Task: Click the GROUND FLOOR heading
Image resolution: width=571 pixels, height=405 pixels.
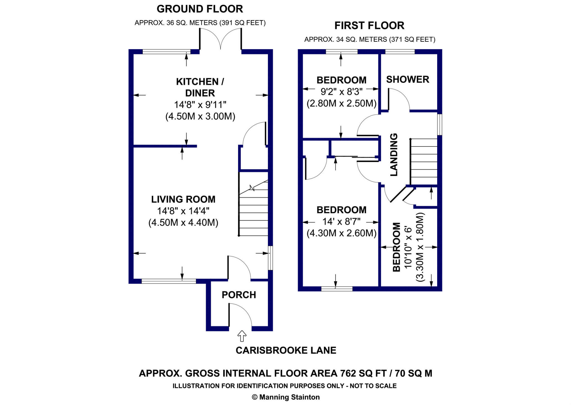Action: (200, 9)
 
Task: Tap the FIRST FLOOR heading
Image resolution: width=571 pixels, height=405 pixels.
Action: (369, 26)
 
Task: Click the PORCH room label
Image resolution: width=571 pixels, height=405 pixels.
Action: (239, 295)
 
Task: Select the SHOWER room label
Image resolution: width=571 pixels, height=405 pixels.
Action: (407, 79)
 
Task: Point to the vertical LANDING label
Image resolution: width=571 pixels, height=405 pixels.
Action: (393, 155)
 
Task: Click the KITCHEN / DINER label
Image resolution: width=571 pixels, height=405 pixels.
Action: (200, 87)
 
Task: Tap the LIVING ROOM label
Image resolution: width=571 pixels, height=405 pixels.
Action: (183, 199)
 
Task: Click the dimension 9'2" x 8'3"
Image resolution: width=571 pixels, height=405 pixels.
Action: (341, 92)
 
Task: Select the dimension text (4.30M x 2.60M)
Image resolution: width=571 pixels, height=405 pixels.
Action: (341, 233)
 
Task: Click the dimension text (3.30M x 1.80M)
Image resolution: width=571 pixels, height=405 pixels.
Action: (420, 247)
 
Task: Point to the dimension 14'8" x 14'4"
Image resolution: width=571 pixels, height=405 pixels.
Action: (183, 211)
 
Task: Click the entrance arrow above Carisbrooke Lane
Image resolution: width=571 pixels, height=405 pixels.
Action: (242, 336)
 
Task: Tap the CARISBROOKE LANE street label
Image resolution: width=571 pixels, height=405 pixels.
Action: (286, 350)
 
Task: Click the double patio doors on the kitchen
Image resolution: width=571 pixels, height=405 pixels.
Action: (221, 39)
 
